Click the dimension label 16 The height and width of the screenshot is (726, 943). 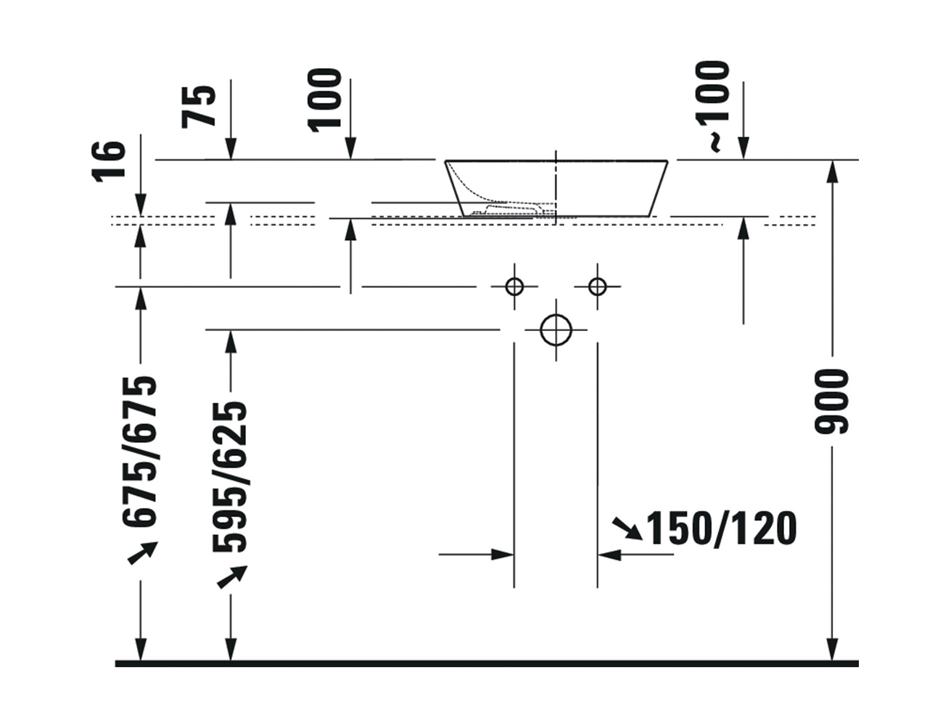109,161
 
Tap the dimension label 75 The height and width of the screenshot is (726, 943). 198,107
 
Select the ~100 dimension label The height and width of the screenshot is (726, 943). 712,107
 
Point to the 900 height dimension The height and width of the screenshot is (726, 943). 831,401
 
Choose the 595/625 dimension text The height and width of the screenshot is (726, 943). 229,476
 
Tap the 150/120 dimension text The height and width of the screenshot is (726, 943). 721,528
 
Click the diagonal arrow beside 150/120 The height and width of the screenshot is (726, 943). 627,529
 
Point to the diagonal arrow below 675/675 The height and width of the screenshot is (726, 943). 143,552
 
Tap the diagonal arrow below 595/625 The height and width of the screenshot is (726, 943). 232,577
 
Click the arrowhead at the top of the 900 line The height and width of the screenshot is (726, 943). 831,172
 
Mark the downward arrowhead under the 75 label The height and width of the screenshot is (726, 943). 231,149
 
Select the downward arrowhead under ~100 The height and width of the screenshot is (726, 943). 744,149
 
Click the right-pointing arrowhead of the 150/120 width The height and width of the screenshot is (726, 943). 503,555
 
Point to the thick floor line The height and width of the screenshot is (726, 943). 487,664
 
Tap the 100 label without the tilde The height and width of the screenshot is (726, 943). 324,100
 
